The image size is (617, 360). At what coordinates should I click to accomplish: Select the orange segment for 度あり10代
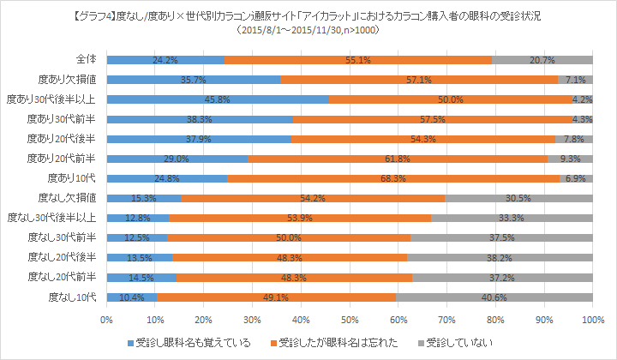pyautogui.click(x=393, y=178)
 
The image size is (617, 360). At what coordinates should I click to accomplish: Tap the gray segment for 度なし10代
pyautogui.click(x=493, y=297)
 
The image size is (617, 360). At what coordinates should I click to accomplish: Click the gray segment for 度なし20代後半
pyautogui.click(x=500, y=257)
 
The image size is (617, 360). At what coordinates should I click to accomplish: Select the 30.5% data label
pyautogui.click(x=518, y=198)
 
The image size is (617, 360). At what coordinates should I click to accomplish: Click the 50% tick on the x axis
pyautogui.click(x=350, y=320)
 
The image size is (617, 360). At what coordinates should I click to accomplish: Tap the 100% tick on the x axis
pyautogui.click(x=591, y=320)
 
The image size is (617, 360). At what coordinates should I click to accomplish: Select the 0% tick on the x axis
pyautogui.click(x=107, y=320)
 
